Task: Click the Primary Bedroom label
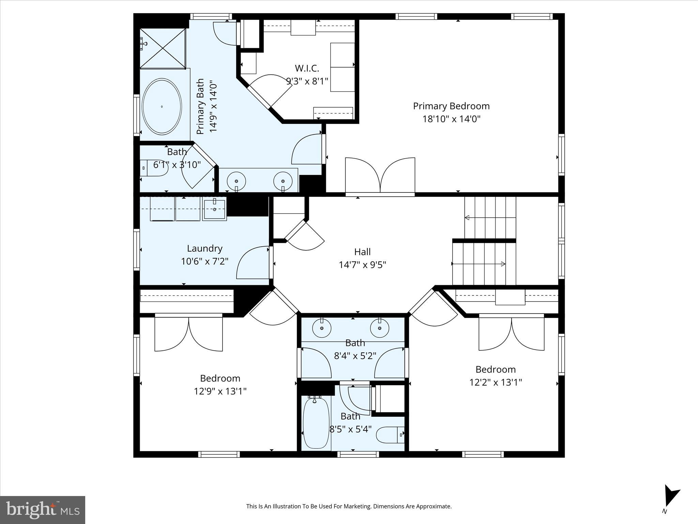pyautogui.click(x=451, y=106)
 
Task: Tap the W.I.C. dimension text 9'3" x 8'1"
pyautogui.click(x=307, y=81)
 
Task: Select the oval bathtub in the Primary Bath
pyautogui.click(x=162, y=106)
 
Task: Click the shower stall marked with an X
pyautogui.click(x=163, y=48)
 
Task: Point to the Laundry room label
pyautogui.click(x=204, y=248)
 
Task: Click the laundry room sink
pyautogui.click(x=214, y=209)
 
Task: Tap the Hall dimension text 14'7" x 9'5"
pyautogui.click(x=362, y=265)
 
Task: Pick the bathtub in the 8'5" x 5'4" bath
pyautogui.click(x=316, y=423)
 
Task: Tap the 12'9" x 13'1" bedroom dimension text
pyautogui.click(x=220, y=391)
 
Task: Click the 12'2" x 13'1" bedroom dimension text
pyautogui.click(x=496, y=382)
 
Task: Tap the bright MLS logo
pyautogui.click(x=42, y=510)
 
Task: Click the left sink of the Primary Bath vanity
pyautogui.click(x=236, y=180)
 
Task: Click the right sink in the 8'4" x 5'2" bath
pyautogui.click(x=380, y=328)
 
